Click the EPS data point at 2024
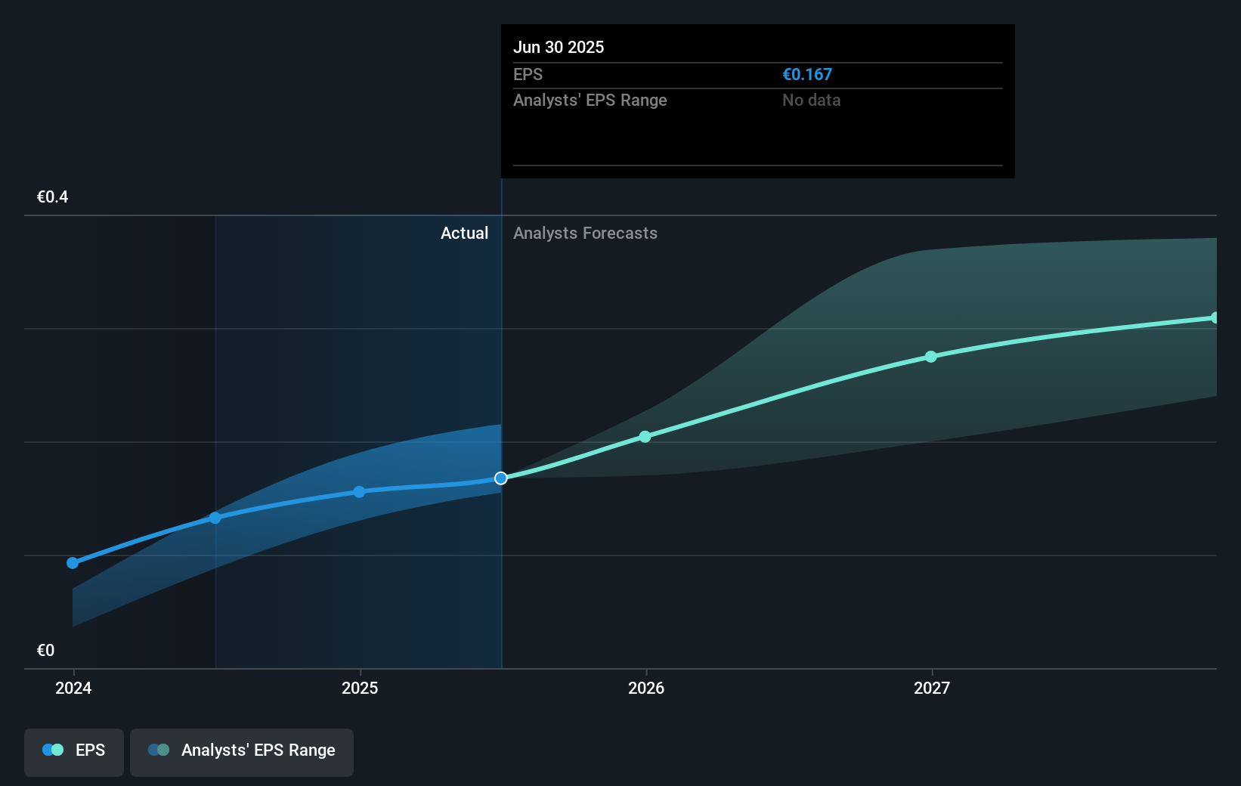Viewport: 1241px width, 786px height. click(x=73, y=562)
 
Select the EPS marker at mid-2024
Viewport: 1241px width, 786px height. click(x=215, y=518)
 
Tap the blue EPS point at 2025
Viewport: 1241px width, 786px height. click(x=359, y=491)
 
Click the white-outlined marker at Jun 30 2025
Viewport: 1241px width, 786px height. click(x=501, y=478)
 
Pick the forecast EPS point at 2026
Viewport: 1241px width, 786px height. click(x=645, y=437)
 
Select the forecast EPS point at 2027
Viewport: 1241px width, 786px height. click(x=931, y=357)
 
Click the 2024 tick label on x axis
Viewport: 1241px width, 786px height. click(x=73, y=688)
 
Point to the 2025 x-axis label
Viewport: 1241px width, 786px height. click(x=360, y=688)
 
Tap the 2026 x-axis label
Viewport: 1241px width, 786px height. click(x=646, y=688)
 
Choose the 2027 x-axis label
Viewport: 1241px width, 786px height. click(x=932, y=688)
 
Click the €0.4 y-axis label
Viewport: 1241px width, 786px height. click(x=52, y=197)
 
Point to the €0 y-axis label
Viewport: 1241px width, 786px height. click(x=45, y=650)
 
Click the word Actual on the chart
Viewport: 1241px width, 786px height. click(x=464, y=234)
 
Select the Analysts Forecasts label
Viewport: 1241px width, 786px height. click(x=585, y=234)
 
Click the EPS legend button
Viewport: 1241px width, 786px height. click(x=74, y=751)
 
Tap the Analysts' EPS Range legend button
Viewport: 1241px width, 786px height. click(x=242, y=751)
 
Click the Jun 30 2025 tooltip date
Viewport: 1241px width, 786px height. click(x=559, y=47)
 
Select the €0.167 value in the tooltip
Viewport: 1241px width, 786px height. click(x=806, y=74)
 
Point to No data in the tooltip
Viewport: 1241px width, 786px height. click(x=811, y=100)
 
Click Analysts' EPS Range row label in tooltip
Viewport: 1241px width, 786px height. click(x=590, y=100)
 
